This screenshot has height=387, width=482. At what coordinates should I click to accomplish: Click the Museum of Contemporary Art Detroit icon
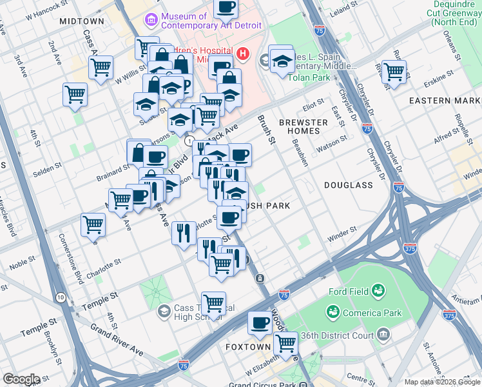coord(152,21)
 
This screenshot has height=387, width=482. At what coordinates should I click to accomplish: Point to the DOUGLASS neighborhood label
coord(349,185)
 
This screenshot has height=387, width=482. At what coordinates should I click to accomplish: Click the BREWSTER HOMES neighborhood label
coord(304,126)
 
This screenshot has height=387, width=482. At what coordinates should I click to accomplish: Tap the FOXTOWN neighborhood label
coord(247,346)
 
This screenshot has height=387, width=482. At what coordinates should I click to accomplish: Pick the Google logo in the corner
coord(21,379)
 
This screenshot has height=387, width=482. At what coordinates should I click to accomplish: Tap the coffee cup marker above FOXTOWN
coord(260,322)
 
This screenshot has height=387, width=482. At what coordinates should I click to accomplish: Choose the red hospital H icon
coord(243,54)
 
